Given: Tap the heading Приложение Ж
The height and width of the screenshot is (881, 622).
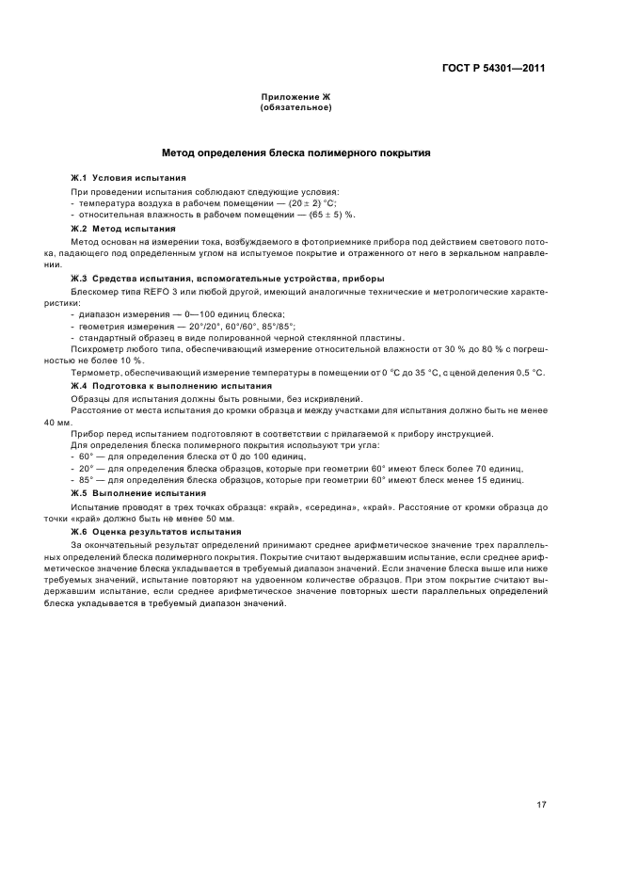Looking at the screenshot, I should pos(295,98).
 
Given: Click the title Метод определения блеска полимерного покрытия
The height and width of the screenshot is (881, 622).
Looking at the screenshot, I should pos(296,152).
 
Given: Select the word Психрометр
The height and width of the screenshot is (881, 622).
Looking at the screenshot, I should pos(96,349).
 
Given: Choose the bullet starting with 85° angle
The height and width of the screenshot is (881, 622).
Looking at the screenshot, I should pos(296,479).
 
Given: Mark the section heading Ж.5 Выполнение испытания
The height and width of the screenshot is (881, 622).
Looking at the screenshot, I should pos(138,492).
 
